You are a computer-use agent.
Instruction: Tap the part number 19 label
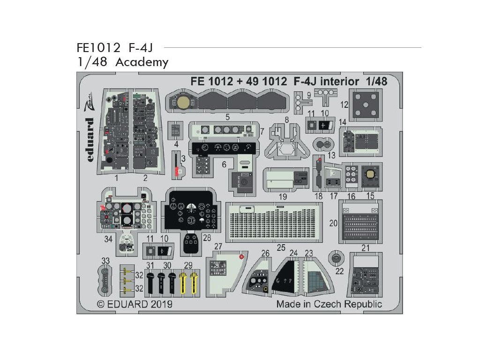283,196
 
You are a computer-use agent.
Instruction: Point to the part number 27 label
218,247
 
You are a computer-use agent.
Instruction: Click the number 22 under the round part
340,271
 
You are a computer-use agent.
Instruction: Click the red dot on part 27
241,256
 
